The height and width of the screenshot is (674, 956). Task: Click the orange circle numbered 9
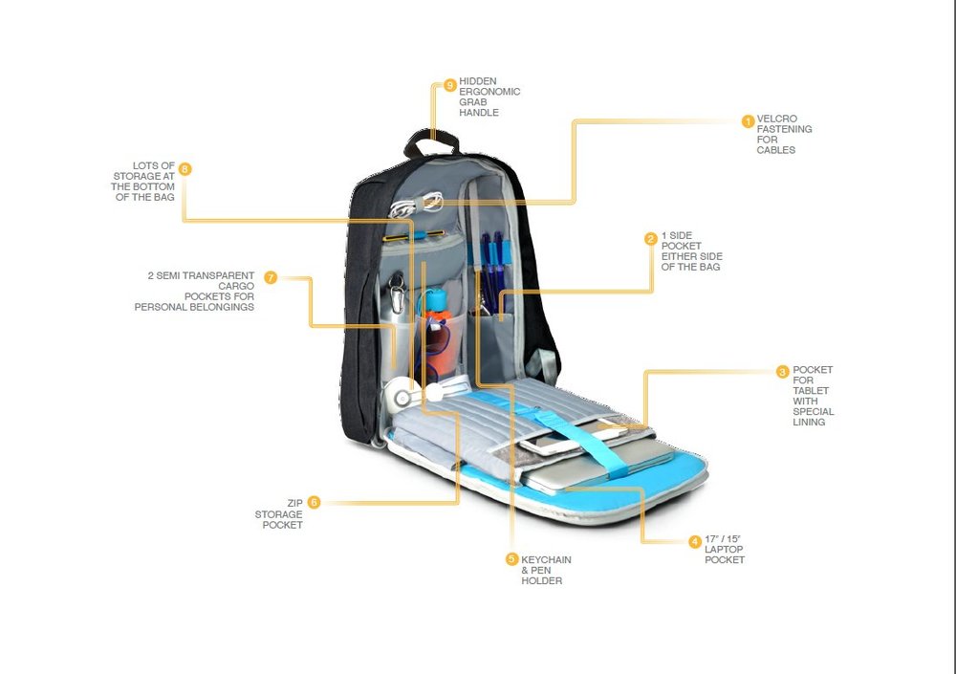[450, 85]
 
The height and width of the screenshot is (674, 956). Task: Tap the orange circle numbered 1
[749, 121]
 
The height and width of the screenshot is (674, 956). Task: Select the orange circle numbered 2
[651, 238]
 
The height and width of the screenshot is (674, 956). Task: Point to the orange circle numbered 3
[783, 372]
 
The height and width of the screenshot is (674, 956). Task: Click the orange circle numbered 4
[694, 541]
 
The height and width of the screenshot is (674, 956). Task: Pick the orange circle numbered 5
[511, 558]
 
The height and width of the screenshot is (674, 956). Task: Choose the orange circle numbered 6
[314, 502]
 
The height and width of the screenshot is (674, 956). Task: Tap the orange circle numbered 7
[271, 277]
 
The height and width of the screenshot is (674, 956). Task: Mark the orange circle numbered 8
[185, 169]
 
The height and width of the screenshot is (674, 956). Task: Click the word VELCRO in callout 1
[776, 119]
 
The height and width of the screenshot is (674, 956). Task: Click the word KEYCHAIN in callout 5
[546, 560]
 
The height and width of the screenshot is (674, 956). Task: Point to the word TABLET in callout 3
[811, 390]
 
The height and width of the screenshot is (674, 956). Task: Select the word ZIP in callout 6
[294, 504]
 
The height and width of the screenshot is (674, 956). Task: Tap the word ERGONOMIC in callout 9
[489, 92]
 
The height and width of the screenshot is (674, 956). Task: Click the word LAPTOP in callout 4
[724, 549]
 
